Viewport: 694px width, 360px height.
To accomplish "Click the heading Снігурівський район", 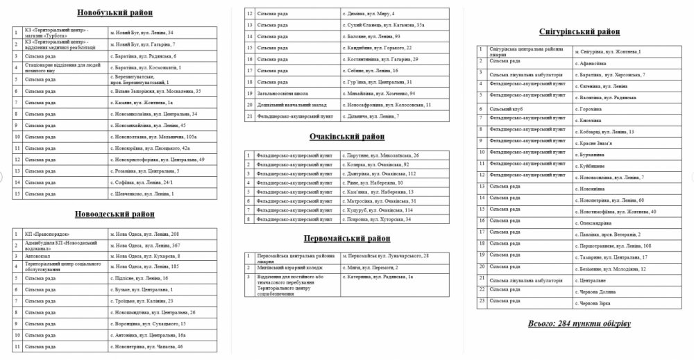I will (579, 31).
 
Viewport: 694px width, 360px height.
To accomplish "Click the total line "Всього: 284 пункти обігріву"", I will (579, 323).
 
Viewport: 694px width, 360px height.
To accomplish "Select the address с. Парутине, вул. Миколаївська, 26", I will (382, 155).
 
